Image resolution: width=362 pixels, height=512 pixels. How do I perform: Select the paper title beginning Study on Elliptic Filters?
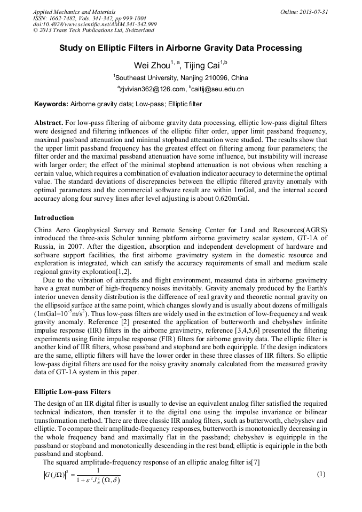tap(180, 48)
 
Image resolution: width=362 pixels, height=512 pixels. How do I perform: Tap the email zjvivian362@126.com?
tap(151, 89)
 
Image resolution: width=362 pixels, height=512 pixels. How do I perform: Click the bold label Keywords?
tap(51, 104)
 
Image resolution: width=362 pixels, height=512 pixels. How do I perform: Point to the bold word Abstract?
tap(49, 122)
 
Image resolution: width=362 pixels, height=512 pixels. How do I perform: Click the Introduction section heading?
tap(54, 218)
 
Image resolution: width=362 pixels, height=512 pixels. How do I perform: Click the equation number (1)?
tap(321, 474)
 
